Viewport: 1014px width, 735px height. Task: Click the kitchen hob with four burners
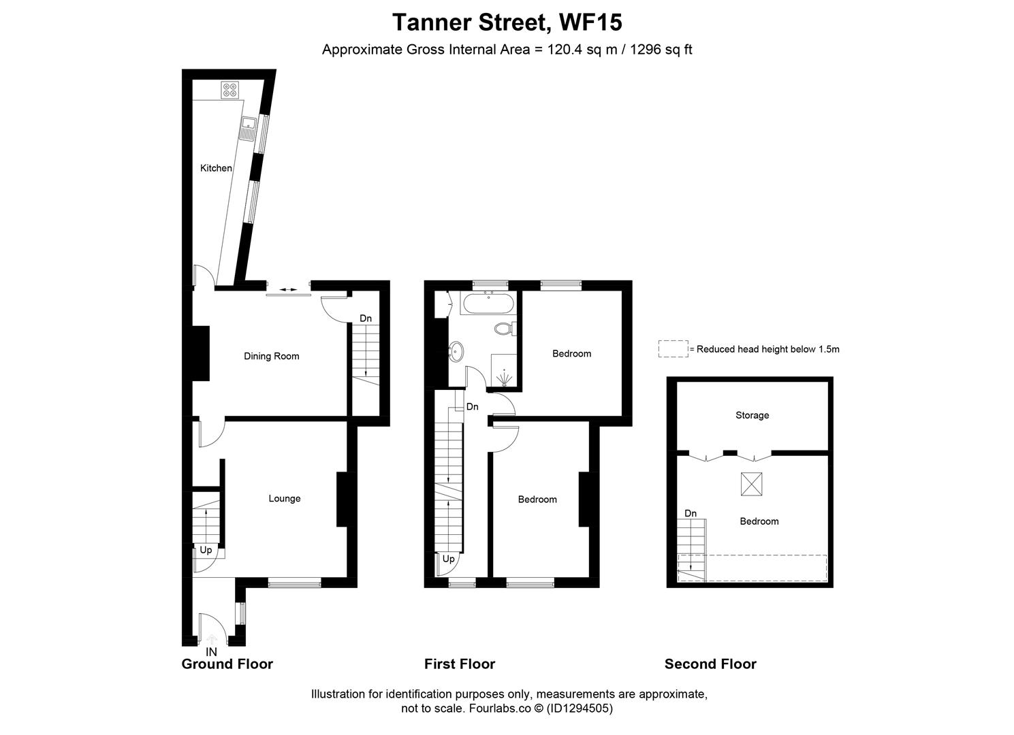point(229,90)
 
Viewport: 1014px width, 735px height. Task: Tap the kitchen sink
point(249,125)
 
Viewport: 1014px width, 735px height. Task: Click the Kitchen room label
point(216,168)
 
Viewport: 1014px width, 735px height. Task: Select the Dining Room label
point(272,356)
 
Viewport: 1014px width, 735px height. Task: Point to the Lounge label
point(284,498)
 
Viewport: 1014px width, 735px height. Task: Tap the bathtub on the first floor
point(488,304)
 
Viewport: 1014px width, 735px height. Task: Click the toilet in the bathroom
point(505,329)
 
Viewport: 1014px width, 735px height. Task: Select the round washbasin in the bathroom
point(457,352)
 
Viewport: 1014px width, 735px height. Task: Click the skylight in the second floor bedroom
point(751,484)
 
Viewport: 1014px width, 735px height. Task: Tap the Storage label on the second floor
point(752,415)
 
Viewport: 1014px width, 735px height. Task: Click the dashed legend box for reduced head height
point(673,349)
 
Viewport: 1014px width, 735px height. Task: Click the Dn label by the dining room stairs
point(366,318)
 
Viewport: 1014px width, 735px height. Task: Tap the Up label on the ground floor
point(206,550)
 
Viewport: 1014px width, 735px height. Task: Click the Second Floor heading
point(710,664)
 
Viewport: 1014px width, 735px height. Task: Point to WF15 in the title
point(590,22)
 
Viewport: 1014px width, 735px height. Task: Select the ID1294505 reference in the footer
point(582,708)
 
